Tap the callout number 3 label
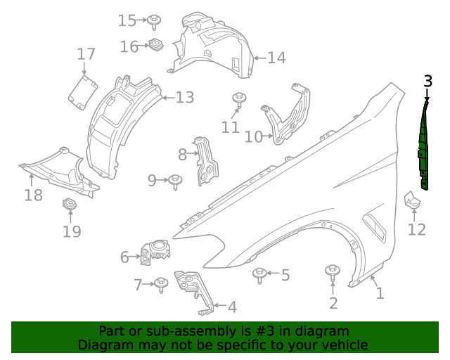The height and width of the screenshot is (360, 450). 428,81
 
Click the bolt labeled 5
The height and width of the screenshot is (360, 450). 260,274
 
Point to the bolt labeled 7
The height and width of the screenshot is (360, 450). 161,284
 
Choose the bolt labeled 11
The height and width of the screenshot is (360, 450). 239,99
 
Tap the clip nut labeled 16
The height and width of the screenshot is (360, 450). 156,46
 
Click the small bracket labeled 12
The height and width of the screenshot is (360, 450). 413,202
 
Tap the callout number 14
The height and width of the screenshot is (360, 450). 276,58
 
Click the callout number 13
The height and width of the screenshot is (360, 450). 184,98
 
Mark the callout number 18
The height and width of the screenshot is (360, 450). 33,195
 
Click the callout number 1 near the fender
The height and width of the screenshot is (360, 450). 380,292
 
